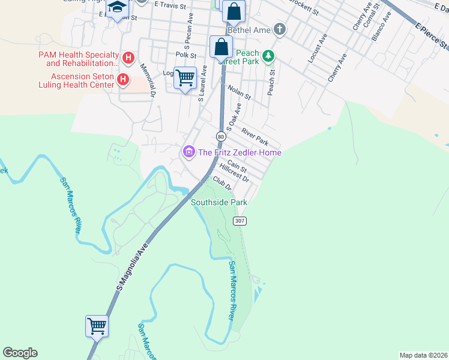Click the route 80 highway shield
pyautogui.click(x=221, y=137)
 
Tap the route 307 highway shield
pyautogui.click(x=240, y=221)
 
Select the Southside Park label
pyautogui.click(x=219, y=203)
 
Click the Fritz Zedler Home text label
pyautogui.click(x=240, y=152)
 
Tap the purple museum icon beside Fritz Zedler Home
pyautogui.click(x=189, y=152)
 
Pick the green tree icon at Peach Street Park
pyautogui.click(x=270, y=56)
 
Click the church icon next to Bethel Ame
pyautogui.click(x=279, y=29)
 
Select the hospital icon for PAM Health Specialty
pyautogui.click(x=127, y=58)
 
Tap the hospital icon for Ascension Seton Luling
pyautogui.click(x=123, y=79)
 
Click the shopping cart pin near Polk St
pyautogui.click(x=185, y=77)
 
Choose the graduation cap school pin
pyautogui.click(x=117, y=8)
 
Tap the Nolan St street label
pyautogui.click(x=239, y=92)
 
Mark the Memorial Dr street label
pyautogui.click(x=148, y=80)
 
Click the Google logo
pyautogui.click(x=20, y=353)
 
